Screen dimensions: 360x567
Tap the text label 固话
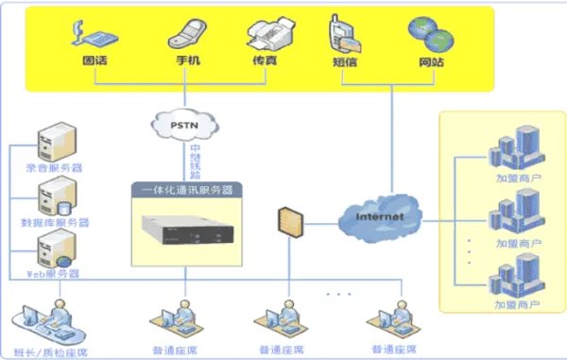(x=94, y=61)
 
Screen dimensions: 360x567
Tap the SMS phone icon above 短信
(x=344, y=34)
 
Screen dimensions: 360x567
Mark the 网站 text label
(x=430, y=61)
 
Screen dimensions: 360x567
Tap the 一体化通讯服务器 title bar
(x=185, y=190)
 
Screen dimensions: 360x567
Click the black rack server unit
(x=186, y=230)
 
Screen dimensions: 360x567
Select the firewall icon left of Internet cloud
(x=287, y=222)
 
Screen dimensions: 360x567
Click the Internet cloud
(x=379, y=216)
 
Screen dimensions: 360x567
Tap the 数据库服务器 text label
(x=57, y=223)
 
